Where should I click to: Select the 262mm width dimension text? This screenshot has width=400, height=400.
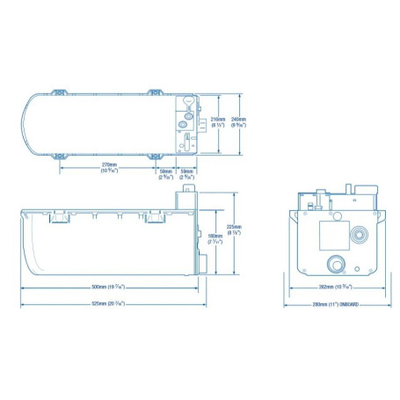[334, 287]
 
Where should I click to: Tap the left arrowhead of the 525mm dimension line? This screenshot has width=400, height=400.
[23, 303]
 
